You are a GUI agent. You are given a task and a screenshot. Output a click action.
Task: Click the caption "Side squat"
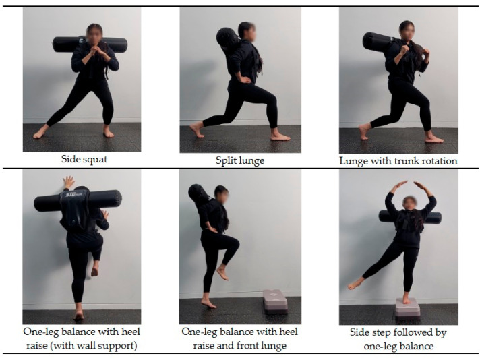tap(84, 159)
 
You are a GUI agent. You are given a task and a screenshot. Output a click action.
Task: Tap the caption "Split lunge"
tap(240, 160)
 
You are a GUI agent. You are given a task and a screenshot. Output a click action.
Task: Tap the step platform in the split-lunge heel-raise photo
tap(276, 301)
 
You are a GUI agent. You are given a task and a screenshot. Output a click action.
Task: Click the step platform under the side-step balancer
tap(408, 307)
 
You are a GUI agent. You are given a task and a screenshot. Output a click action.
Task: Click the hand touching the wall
tap(68, 183)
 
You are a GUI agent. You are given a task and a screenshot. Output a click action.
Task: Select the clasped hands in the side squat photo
tap(94, 50)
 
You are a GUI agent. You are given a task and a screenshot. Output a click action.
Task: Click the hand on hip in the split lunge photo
tap(244, 80)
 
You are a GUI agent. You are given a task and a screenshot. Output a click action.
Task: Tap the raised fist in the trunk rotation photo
tap(404, 49)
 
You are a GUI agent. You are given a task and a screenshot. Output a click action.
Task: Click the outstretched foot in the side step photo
tap(355, 284)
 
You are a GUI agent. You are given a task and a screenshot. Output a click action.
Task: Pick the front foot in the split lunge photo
tap(280, 136)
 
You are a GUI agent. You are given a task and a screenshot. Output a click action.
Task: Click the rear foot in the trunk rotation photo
tap(364, 131)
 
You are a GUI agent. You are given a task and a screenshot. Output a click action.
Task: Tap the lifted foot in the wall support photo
tap(94, 271)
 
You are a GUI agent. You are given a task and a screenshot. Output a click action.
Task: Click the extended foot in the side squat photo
tap(40, 131)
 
